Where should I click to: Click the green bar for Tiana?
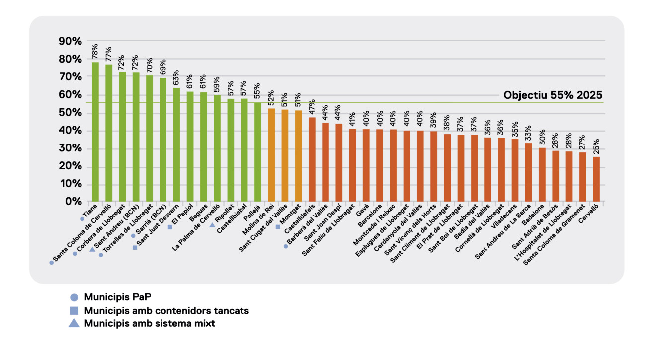(x=95, y=132)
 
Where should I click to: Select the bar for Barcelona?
(x=380, y=165)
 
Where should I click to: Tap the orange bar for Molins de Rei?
(x=271, y=155)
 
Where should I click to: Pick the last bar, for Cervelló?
(x=596, y=179)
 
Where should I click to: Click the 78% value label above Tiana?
(x=95, y=51)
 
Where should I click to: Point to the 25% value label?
(x=596, y=146)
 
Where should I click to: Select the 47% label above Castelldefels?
(x=312, y=107)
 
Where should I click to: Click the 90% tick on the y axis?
(x=71, y=41)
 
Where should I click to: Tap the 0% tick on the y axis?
(x=74, y=202)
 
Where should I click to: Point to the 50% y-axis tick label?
(x=71, y=113)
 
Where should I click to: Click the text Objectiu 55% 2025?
(x=553, y=95)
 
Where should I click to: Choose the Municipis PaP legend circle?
(x=74, y=297)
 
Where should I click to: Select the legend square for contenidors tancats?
(x=74, y=311)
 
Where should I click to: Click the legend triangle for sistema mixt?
(x=74, y=324)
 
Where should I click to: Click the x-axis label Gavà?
(x=362, y=210)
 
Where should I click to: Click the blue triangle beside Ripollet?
(x=212, y=225)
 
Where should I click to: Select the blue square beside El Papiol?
(x=170, y=227)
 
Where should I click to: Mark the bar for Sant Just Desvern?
(x=176, y=144)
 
